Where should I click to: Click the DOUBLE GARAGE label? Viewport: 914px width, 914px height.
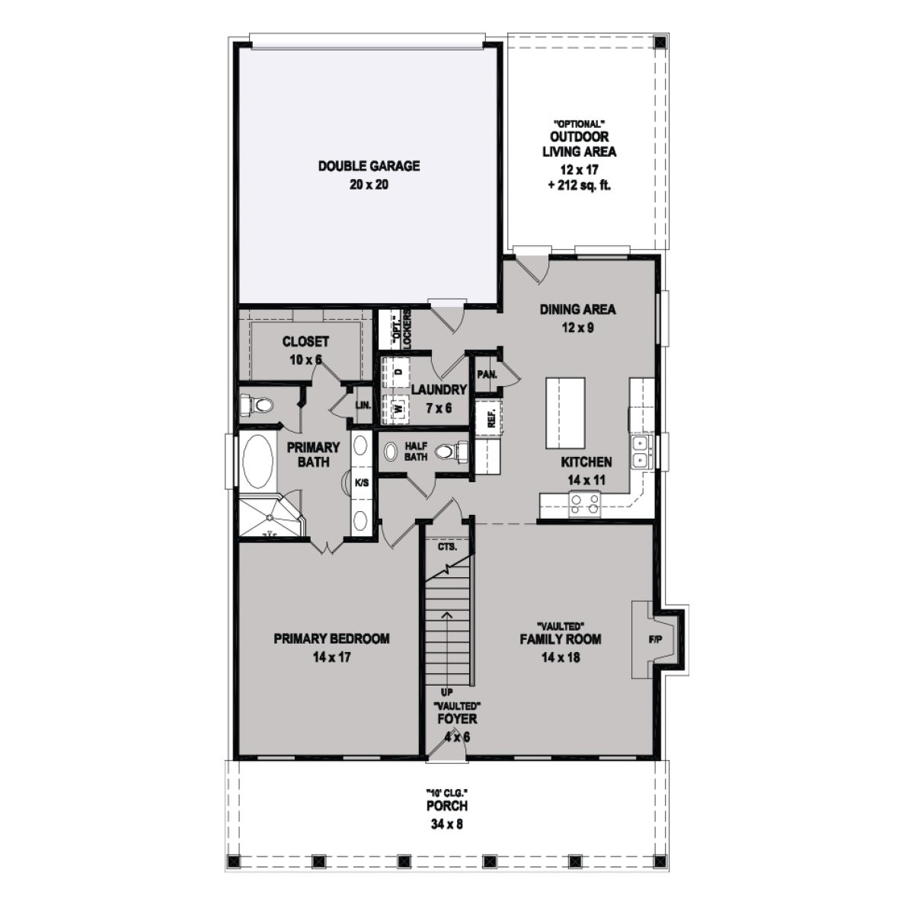click(369, 165)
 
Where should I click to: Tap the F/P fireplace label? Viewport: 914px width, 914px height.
click(654, 639)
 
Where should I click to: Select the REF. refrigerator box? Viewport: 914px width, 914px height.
click(487, 418)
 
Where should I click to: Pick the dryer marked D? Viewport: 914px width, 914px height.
click(398, 372)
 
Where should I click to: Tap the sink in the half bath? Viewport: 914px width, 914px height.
click(390, 452)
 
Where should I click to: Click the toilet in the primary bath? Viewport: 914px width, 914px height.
click(255, 405)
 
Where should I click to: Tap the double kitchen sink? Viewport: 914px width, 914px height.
click(639, 451)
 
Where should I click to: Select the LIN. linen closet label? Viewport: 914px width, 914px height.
click(362, 405)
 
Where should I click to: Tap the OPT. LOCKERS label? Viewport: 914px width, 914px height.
click(401, 329)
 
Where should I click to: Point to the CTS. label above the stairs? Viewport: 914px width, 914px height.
click(447, 547)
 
